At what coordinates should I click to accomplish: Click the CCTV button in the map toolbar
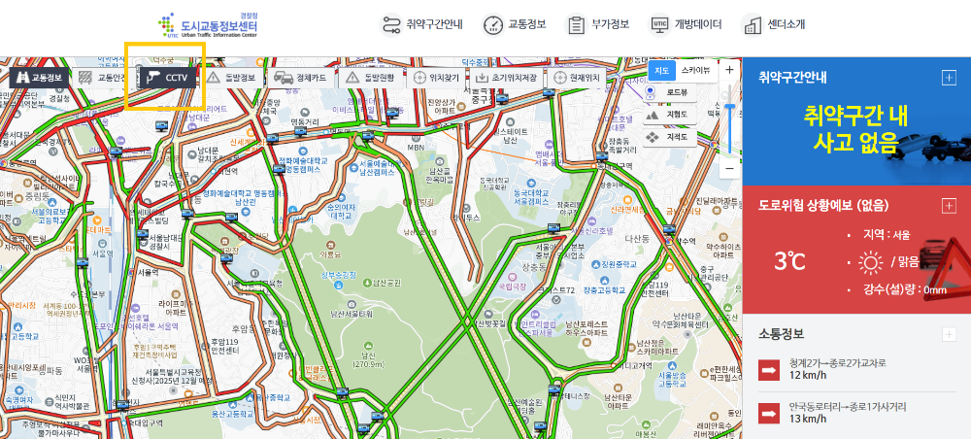pyautogui.click(x=167, y=77)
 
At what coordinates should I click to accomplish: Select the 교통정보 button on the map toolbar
pyautogui.click(x=37, y=77)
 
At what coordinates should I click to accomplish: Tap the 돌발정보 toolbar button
pyautogui.click(x=231, y=77)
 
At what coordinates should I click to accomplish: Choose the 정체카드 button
pyautogui.click(x=299, y=77)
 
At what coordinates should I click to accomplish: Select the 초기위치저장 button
pyautogui.click(x=507, y=77)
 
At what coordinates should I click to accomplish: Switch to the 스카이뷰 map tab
pyautogui.click(x=694, y=70)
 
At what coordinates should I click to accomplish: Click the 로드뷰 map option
pyautogui.click(x=669, y=92)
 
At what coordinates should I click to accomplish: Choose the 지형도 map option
pyautogui.click(x=669, y=115)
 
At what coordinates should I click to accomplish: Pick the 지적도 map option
pyautogui.click(x=669, y=137)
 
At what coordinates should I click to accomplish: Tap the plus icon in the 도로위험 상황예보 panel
pyautogui.click(x=949, y=205)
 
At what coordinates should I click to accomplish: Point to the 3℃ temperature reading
pyautogui.click(x=789, y=260)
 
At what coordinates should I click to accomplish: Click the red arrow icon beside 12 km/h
pyautogui.click(x=770, y=369)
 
